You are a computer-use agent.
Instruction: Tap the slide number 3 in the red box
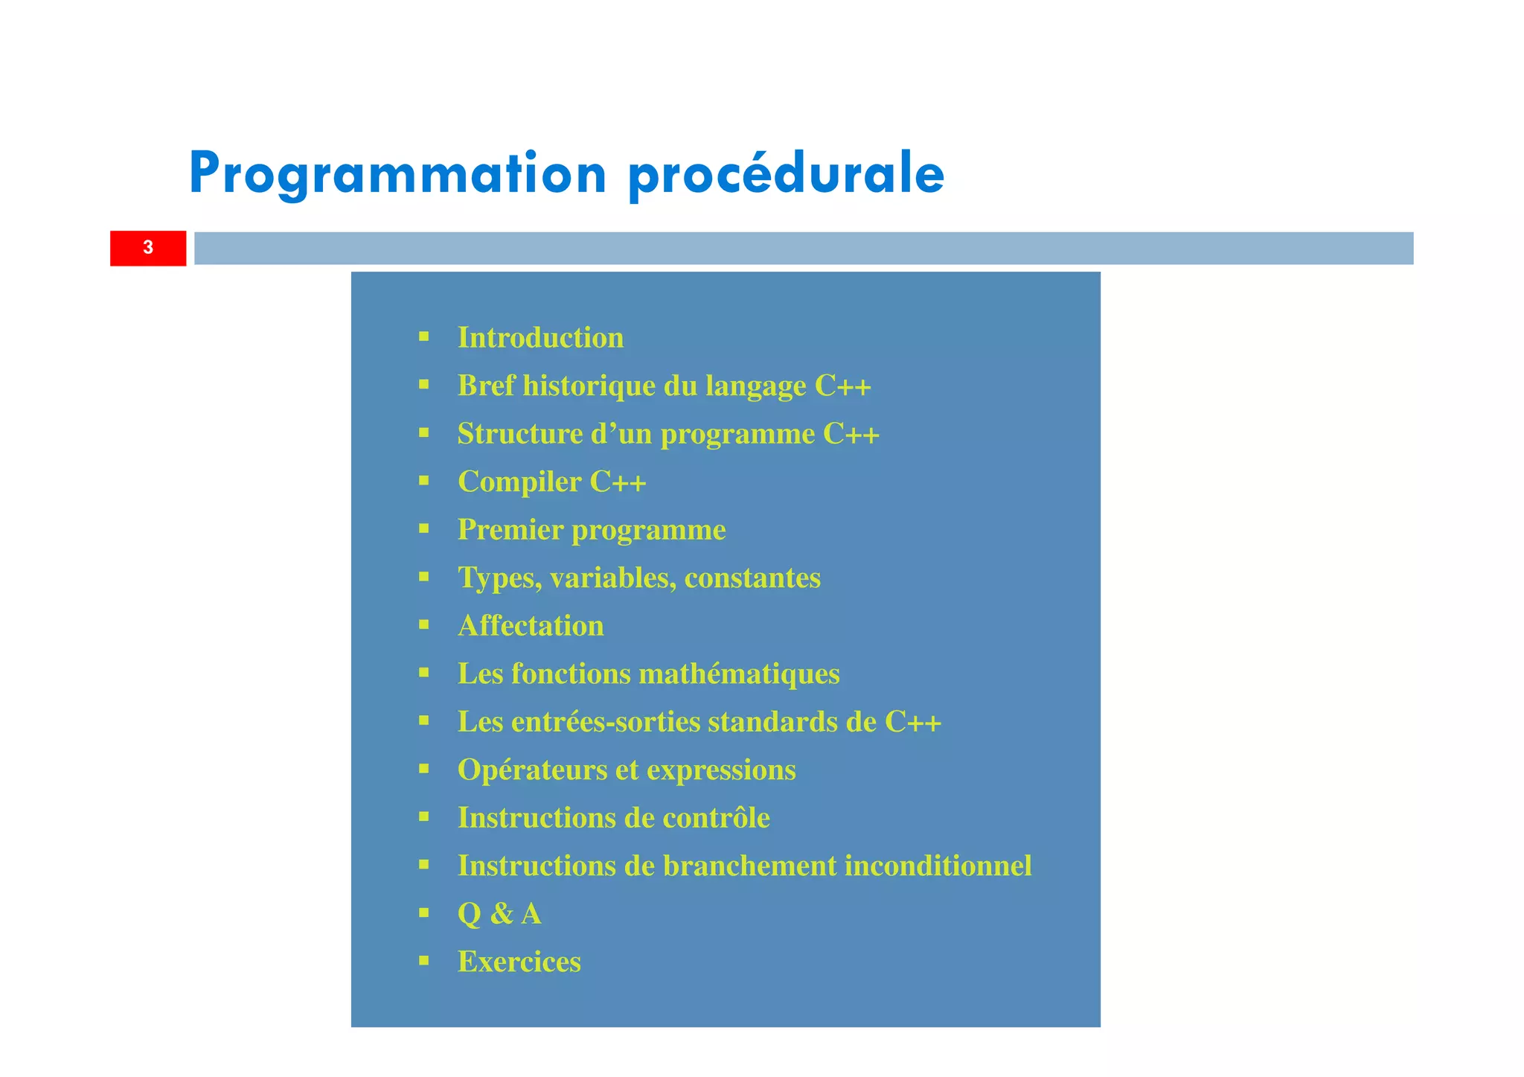148,248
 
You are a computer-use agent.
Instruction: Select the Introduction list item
540,338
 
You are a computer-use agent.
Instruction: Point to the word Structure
520,434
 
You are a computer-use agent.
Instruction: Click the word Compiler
519,482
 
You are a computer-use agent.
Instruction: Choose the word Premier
510,530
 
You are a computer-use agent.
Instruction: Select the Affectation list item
531,626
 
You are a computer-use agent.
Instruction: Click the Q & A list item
499,914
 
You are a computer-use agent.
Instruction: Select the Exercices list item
519,962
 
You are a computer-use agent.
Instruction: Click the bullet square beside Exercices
424,961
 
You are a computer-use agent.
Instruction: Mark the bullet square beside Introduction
424,336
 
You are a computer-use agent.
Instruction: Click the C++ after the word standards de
912,722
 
